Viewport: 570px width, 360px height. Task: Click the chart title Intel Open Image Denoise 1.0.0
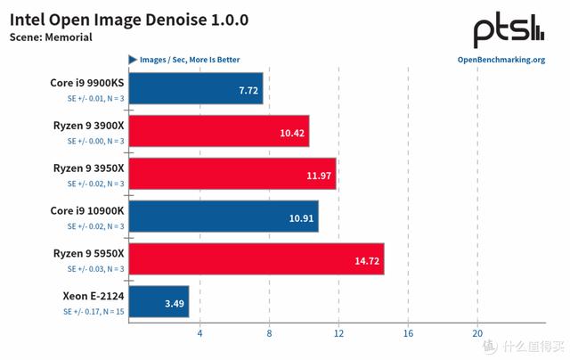[x=129, y=19]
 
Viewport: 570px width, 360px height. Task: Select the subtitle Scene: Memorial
[x=51, y=37]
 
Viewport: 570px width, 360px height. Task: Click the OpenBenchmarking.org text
[x=501, y=61]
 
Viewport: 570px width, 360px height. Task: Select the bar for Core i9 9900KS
[x=196, y=89]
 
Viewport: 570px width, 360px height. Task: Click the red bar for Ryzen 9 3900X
[x=219, y=131]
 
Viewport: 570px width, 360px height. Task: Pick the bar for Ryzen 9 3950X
[x=232, y=174]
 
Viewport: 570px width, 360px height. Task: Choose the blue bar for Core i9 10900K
[x=224, y=217]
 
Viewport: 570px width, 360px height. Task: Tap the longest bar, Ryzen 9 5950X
[x=256, y=258]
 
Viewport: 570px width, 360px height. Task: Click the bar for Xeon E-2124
[x=159, y=302]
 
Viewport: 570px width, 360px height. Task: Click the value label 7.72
[x=246, y=90]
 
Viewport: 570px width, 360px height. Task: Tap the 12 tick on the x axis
[x=338, y=333]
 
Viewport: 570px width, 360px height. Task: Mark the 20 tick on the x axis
[x=477, y=333]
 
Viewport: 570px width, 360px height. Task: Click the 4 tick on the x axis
[x=199, y=333]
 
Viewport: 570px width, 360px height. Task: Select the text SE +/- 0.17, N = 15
[x=92, y=312]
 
